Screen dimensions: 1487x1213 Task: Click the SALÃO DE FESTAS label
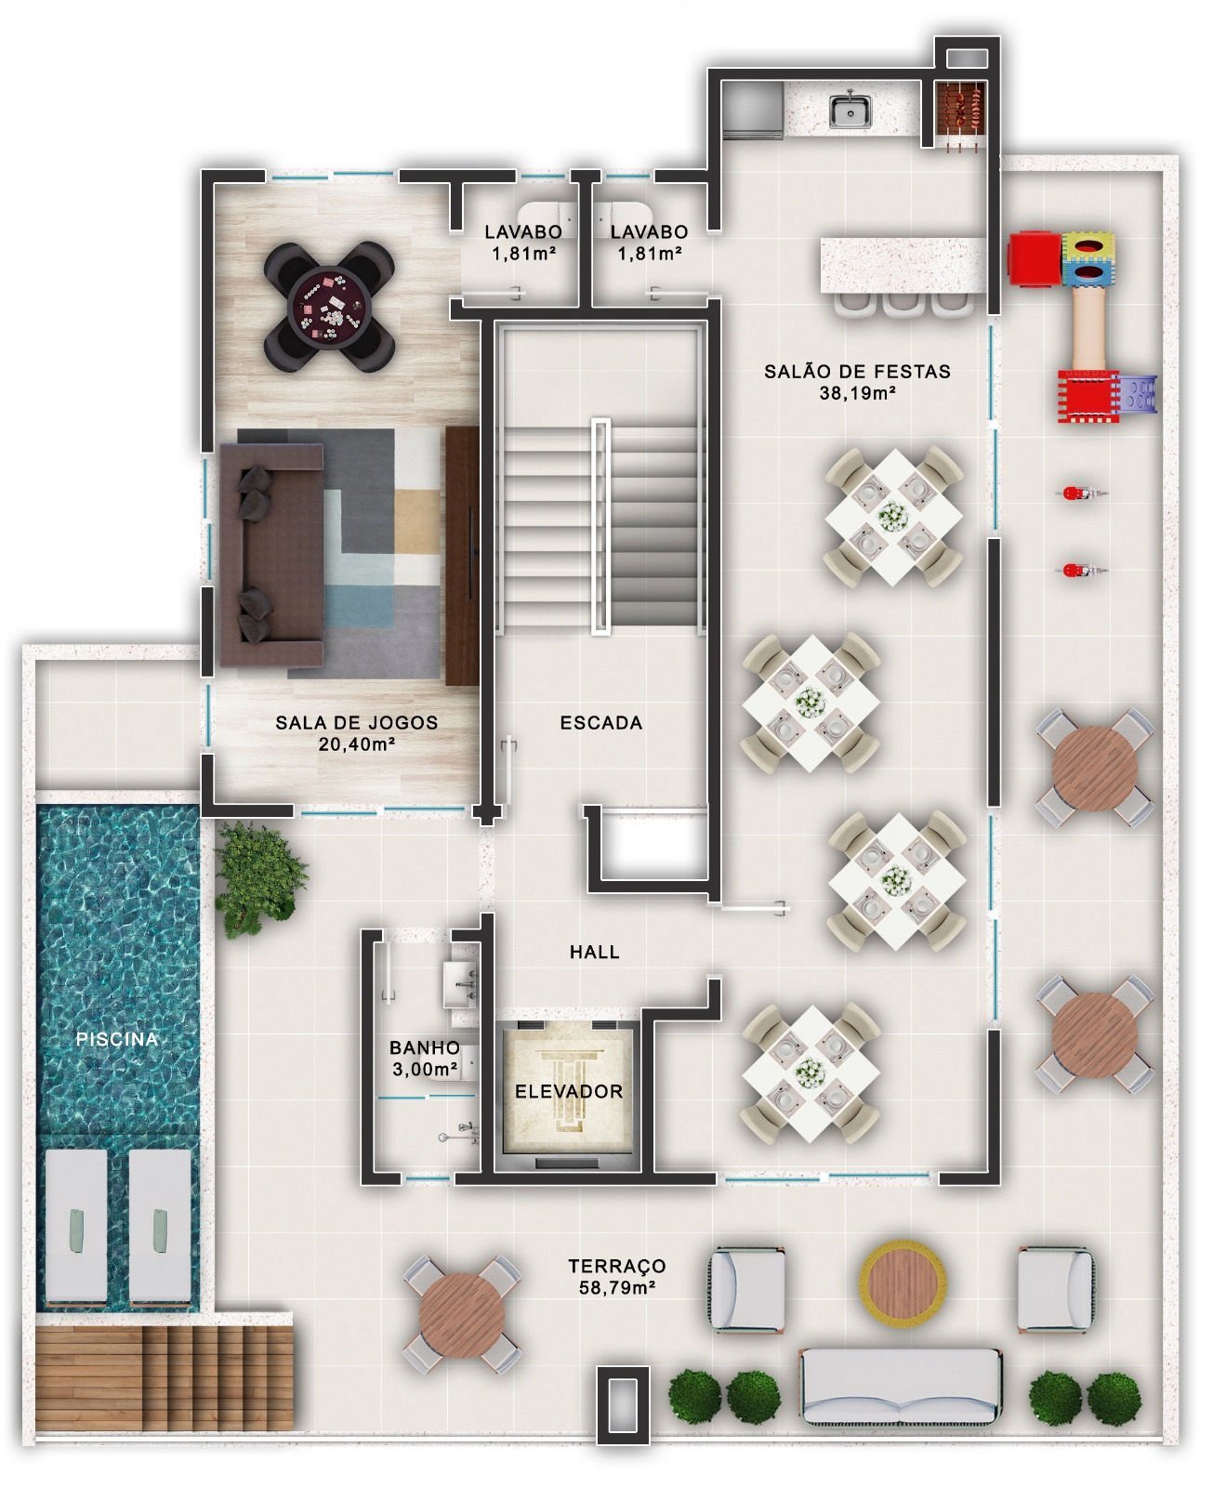click(x=857, y=371)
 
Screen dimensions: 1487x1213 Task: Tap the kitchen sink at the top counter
click(x=850, y=109)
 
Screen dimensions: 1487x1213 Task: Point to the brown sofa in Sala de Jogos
click(x=270, y=555)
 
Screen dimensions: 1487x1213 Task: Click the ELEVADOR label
click(x=569, y=1091)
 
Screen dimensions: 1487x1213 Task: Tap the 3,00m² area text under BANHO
click(x=424, y=1069)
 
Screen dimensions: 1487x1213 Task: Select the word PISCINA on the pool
click(x=117, y=1039)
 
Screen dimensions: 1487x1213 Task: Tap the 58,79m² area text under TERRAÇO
click(x=616, y=1288)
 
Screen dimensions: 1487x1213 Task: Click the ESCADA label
click(x=600, y=722)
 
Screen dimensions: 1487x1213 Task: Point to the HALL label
click(x=594, y=952)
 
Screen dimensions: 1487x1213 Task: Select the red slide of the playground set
click(x=1088, y=397)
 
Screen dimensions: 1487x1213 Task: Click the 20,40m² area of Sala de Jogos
click(x=357, y=744)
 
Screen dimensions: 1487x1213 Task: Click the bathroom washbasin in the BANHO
click(x=461, y=983)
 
